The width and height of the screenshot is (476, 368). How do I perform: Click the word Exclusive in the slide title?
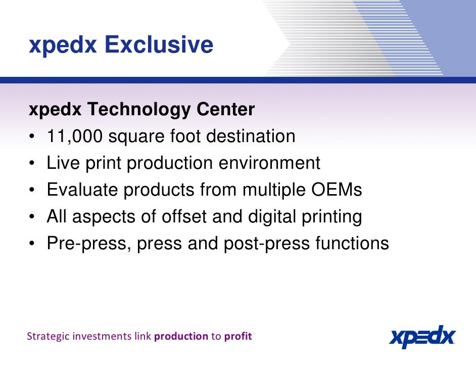(159, 45)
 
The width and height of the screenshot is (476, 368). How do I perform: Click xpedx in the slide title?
(63, 45)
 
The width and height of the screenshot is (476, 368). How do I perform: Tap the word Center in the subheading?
(226, 109)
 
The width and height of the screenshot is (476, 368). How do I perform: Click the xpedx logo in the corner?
(422, 336)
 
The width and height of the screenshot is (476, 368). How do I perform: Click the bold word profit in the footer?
(237, 337)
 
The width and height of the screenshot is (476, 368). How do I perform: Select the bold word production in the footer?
(181, 337)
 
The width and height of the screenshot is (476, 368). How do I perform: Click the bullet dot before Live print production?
(32, 164)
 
